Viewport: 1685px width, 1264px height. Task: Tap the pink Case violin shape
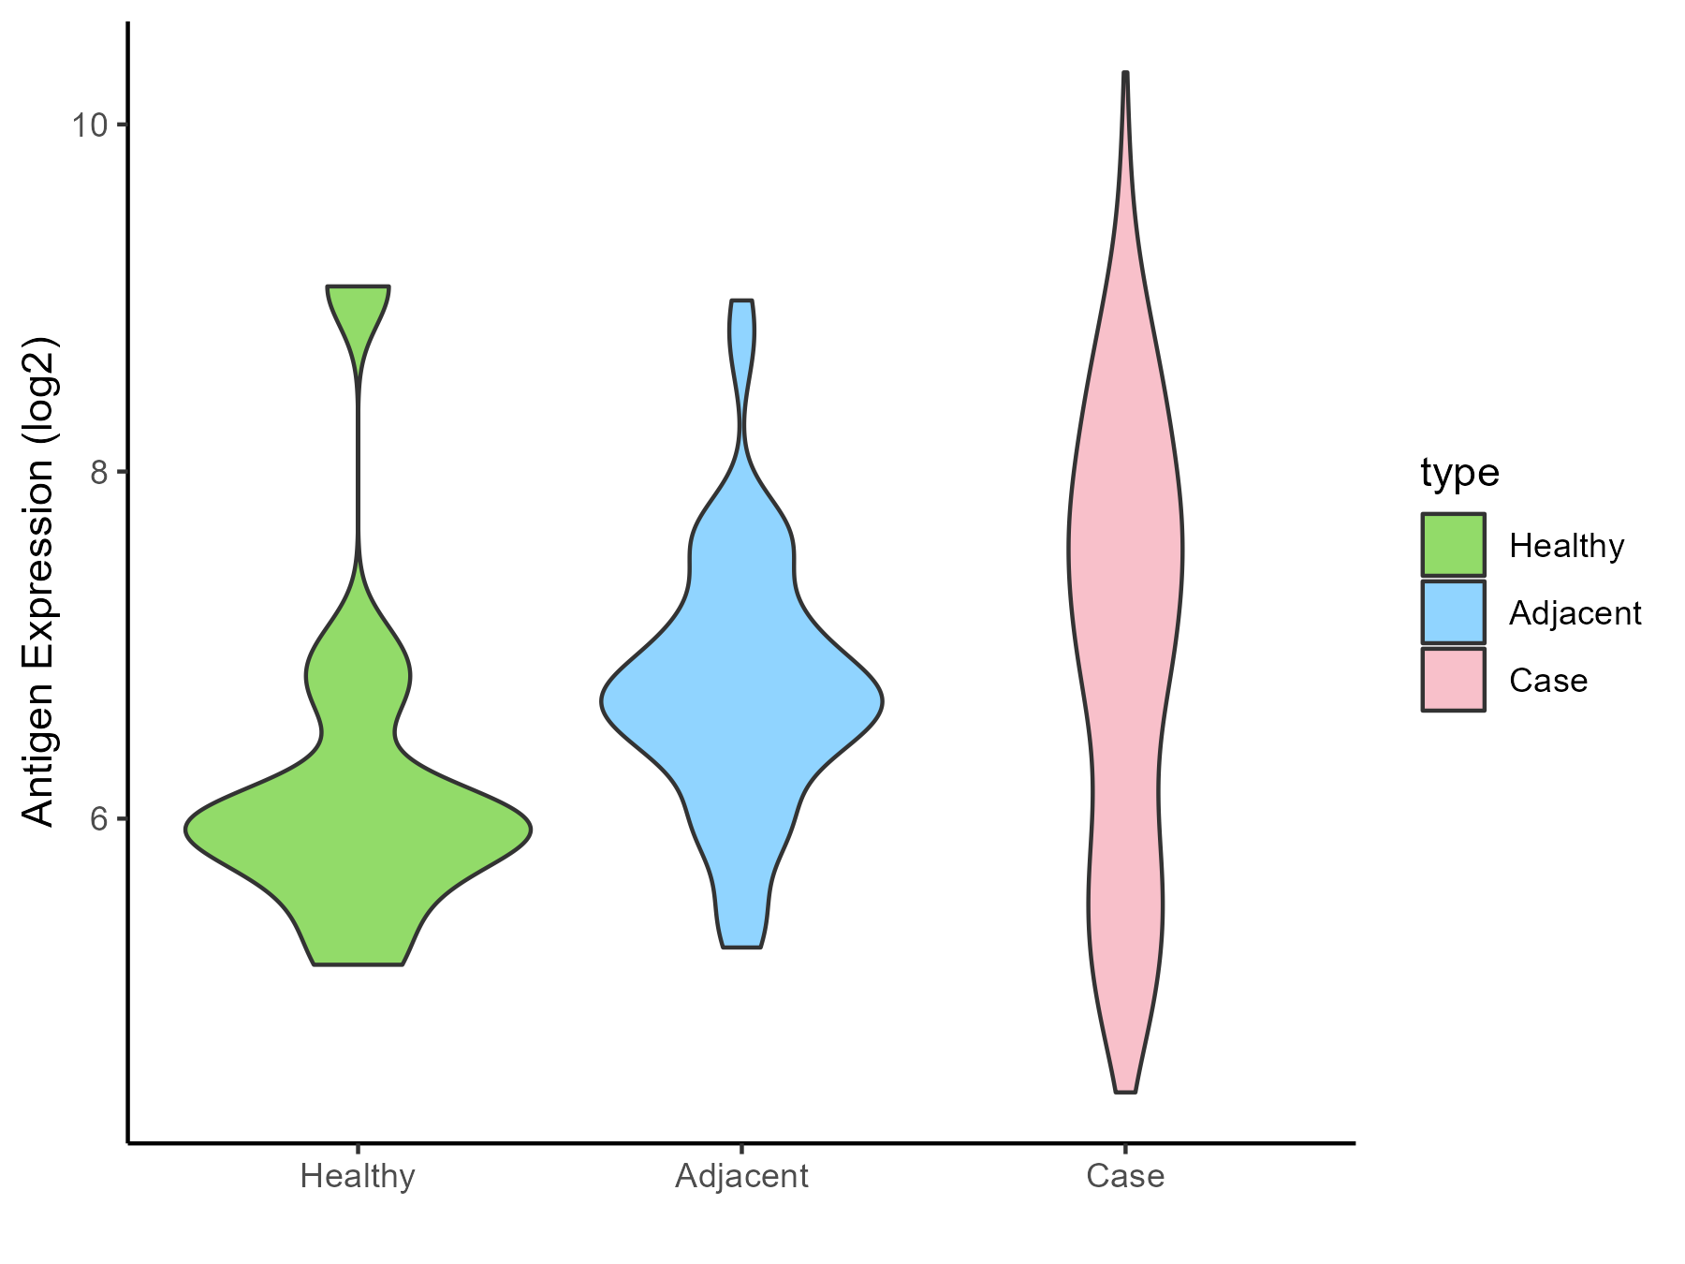(x=1125, y=562)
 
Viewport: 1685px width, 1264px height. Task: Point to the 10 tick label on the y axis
(x=90, y=125)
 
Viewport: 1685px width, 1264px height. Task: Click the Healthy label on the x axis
(x=358, y=1176)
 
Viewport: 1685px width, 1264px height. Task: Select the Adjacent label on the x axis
(x=741, y=1176)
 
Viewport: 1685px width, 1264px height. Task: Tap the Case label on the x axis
(x=1125, y=1176)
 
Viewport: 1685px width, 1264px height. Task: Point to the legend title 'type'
(x=1459, y=473)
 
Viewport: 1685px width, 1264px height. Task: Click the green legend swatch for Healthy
(x=1453, y=545)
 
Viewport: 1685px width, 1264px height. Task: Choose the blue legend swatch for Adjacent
(x=1453, y=612)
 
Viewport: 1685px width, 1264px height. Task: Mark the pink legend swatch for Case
(x=1453, y=680)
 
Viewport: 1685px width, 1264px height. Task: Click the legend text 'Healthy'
(x=1566, y=546)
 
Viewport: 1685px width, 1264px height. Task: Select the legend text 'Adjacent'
(x=1575, y=613)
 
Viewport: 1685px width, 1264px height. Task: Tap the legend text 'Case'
(x=1548, y=681)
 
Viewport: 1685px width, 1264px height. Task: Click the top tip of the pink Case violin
(x=1125, y=74)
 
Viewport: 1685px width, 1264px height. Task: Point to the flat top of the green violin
(x=359, y=287)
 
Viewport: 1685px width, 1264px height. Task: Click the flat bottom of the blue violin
(x=742, y=947)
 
